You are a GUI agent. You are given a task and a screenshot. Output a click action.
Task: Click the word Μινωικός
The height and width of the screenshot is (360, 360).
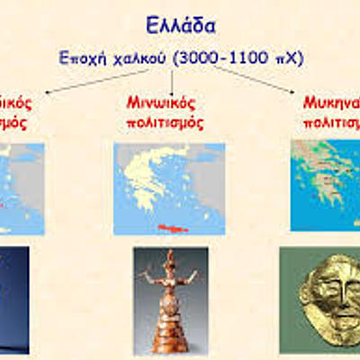162,102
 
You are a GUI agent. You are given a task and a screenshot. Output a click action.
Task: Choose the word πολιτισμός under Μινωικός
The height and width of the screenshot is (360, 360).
163,121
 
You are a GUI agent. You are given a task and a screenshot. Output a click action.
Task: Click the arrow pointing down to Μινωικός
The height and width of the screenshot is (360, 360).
172,81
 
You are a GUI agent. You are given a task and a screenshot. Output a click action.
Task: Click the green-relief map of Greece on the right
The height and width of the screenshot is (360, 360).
324,184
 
